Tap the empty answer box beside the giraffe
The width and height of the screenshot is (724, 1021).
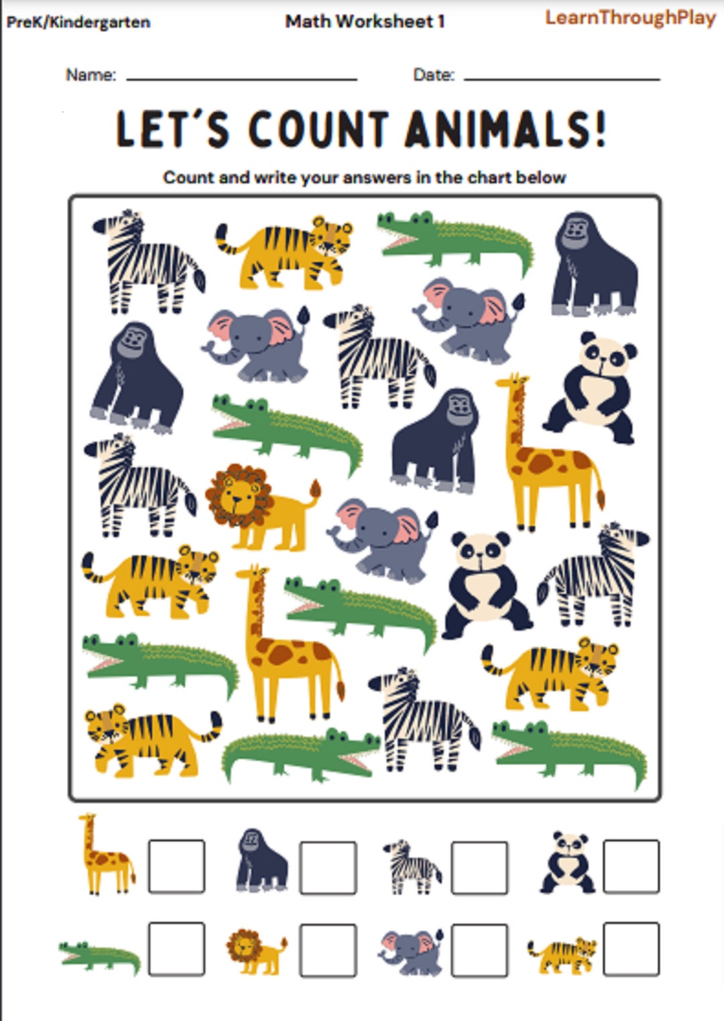tap(176, 865)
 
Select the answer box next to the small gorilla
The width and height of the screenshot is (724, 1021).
tap(328, 867)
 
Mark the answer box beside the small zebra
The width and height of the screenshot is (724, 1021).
tap(479, 867)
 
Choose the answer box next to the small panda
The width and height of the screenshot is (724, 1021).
tap(631, 866)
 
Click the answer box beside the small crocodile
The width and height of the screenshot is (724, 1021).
tap(176, 949)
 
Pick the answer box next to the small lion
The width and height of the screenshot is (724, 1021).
tap(328, 950)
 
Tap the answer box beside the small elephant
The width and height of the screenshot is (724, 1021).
tap(479, 950)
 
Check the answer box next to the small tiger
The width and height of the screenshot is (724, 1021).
tap(631, 949)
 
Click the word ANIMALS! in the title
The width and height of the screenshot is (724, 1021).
tap(506, 129)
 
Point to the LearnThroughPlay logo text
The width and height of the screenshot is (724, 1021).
tap(630, 18)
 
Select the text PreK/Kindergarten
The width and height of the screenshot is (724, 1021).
tap(78, 22)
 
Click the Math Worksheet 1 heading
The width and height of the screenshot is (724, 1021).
tap(365, 21)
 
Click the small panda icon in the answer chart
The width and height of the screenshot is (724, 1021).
tap(568, 863)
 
